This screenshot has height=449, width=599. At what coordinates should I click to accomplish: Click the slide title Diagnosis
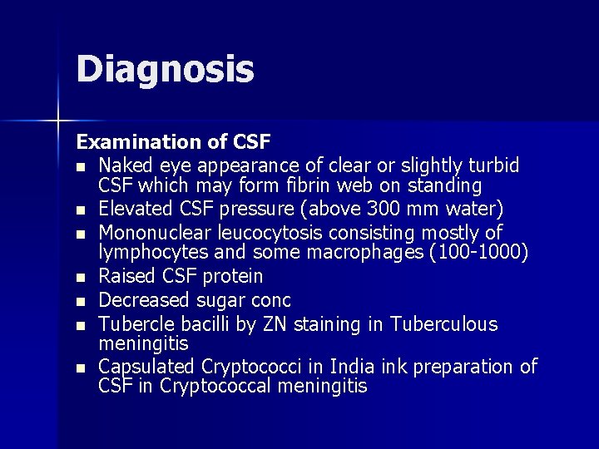point(165,69)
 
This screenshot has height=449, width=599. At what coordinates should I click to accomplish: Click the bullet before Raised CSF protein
point(82,277)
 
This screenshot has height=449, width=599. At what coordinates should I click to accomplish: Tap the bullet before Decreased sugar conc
point(82,301)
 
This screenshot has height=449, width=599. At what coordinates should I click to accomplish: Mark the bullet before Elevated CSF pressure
point(82,209)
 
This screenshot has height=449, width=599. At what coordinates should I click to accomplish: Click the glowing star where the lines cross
point(58,121)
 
